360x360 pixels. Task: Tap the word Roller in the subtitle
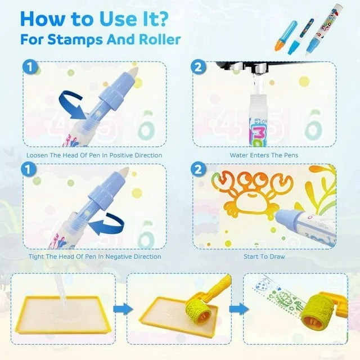(160, 39)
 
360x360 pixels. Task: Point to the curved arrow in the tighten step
(107, 223)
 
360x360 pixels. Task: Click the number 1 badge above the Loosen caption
(30, 67)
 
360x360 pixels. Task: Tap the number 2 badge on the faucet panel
(198, 67)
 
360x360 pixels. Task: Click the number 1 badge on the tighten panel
(29, 170)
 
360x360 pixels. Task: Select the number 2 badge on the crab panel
(198, 170)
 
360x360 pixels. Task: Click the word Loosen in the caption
(37, 155)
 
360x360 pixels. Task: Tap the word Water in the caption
(238, 155)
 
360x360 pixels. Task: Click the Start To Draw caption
(264, 256)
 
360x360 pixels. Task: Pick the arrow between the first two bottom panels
(123, 309)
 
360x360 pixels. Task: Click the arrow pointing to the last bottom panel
(239, 309)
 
